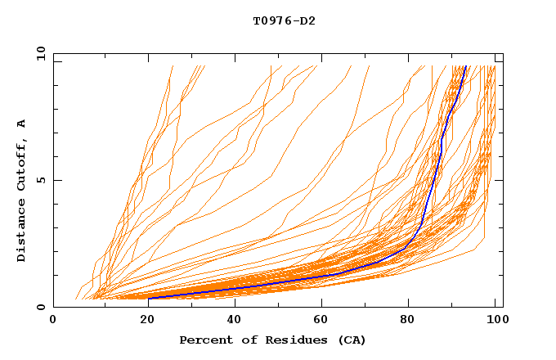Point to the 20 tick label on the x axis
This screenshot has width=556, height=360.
pos(143,321)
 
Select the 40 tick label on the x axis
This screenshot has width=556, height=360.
pos(231,321)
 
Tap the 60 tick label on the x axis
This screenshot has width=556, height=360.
pos(320,321)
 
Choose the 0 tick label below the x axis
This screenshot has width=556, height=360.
pos(54,321)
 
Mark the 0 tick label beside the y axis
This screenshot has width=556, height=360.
pos(40,307)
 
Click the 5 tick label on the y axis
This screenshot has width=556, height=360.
pos(40,180)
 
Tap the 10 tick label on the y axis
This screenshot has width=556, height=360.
pos(38,53)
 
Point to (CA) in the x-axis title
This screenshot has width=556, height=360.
pos(350,340)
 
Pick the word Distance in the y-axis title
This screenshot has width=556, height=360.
pos(21,230)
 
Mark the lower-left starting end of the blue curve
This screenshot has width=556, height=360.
pos(149,298)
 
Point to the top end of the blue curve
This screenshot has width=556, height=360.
pos(465,67)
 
